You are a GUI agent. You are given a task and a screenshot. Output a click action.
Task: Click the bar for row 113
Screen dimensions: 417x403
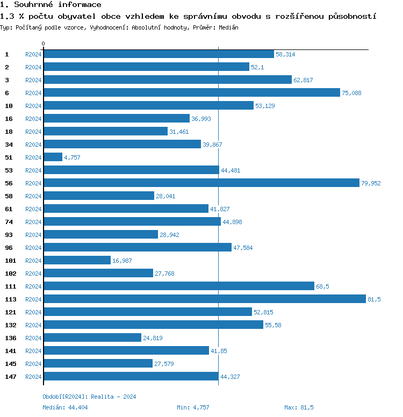tap(204, 299)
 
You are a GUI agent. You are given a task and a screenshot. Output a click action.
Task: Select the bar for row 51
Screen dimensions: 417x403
tap(53, 157)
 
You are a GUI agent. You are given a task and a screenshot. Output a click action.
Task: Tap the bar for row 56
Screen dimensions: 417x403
tap(201, 183)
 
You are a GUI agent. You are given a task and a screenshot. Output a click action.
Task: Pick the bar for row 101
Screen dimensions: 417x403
tap(77, 261)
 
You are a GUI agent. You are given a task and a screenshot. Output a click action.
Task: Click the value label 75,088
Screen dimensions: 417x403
tap(351, 93)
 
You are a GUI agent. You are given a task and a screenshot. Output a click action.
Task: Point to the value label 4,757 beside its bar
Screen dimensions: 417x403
tap(72, 157)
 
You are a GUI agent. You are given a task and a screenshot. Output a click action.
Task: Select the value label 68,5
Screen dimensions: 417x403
tap(322, 286)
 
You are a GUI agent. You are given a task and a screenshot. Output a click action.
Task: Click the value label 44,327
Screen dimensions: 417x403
tap(229, 377)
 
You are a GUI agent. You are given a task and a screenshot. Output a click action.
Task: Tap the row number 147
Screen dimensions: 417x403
tap(10, 377)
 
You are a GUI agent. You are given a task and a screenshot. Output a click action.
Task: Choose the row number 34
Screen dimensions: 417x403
tap(9, 145)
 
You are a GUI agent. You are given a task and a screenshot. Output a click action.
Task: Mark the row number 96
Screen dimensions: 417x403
tap(9, 248)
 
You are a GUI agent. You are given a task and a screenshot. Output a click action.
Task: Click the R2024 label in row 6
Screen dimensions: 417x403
tap(33, 93)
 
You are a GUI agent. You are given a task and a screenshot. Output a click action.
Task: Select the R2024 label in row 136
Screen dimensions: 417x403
tap(33, 338)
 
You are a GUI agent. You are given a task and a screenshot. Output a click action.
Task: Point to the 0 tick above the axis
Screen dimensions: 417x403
tap(44, 44)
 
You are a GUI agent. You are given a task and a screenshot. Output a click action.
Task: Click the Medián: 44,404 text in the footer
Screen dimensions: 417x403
tap(65, 407)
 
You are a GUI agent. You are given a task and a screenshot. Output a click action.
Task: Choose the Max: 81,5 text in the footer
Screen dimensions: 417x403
tap(299, 407)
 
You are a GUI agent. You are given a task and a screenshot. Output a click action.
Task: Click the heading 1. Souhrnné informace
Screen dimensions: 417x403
tap(51, 5)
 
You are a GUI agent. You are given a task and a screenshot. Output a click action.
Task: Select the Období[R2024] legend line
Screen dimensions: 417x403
tap(89, 397)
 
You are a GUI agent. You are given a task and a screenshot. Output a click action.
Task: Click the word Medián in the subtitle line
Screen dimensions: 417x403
tap(228, 27)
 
